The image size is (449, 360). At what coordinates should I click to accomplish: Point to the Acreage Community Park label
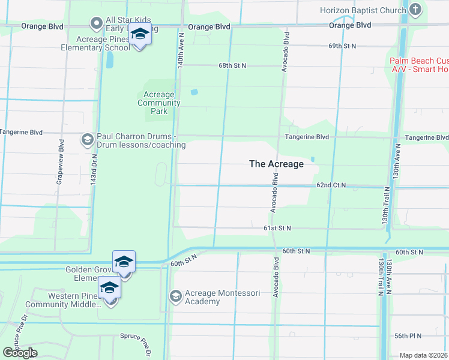tap(159, 103)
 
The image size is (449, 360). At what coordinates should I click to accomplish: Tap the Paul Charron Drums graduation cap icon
tap(87, 140)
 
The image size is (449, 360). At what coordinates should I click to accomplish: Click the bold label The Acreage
tap(276, 164)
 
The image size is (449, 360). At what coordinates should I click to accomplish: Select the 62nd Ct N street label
tap(331, 185)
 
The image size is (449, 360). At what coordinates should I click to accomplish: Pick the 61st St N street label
tap(277, 228)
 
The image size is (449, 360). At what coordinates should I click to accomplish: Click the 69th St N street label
tap(342, 46)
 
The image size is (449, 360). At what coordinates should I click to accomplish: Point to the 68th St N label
tap(232, 65)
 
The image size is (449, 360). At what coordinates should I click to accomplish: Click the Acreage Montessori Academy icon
tap(175, 296)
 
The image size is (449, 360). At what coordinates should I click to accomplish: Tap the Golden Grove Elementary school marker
tap(124, 264)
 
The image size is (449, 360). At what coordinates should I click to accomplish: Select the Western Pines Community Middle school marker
tap(109, 290)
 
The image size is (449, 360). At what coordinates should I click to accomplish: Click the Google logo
tap(20, 353)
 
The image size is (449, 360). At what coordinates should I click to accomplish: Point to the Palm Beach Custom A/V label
tap(418, 65)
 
